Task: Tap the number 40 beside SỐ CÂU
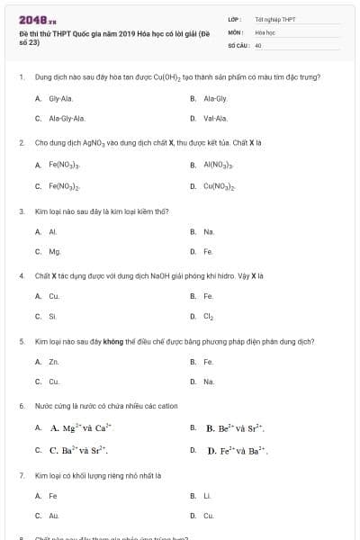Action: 258,44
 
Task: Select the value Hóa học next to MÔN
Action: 265,31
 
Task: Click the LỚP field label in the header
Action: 235,19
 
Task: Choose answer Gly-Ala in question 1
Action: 60,97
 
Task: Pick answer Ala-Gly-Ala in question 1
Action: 67,118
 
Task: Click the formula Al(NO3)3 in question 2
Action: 219,165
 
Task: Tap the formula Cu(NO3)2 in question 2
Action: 220,186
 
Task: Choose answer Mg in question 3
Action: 55,252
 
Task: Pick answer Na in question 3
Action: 209,231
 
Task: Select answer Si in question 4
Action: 52,316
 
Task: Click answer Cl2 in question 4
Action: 209,317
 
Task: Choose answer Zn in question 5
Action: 54,362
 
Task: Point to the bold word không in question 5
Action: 112,342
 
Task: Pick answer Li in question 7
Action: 207,495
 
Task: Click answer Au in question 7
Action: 54,516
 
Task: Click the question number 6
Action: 22,406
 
